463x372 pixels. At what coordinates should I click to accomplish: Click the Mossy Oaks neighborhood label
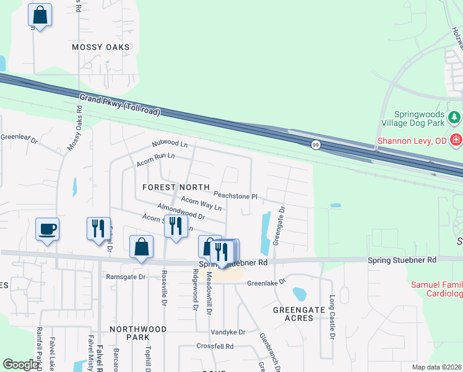click(101, 47)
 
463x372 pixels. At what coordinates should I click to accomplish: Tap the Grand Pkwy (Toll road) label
click(119, 105)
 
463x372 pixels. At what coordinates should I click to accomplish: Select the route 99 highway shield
click(316, 144)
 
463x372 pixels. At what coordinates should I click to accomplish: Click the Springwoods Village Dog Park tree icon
click(454, 117)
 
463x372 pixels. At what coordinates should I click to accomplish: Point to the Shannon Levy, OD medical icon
click(456, 141)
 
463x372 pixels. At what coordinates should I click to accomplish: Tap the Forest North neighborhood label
click(176, 187)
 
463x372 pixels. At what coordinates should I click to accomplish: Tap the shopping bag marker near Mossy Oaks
click(40, 15)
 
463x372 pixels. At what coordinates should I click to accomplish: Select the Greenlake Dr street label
click(266, 282)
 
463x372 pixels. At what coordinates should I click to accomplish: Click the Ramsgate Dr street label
click(126, 277)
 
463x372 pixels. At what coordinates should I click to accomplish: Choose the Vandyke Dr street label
click(228, 332)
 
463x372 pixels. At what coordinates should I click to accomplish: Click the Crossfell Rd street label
click(215, 346)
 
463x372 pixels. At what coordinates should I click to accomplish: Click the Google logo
click(21, 365)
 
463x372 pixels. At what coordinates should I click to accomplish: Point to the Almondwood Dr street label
click(181, 211)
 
